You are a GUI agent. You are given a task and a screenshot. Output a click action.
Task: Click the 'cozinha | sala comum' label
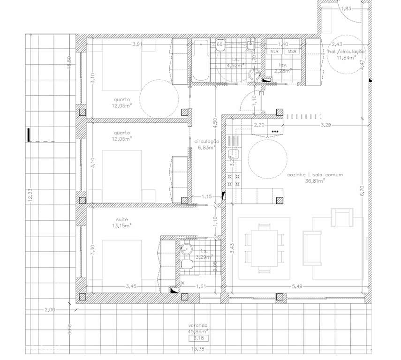click(x=315, y=175)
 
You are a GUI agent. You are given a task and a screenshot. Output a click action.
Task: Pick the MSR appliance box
click(x=292, y=51)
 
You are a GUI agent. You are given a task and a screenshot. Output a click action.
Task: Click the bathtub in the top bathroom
click(x=200, y=61)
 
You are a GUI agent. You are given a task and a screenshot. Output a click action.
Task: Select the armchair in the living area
click(x=341, y=217)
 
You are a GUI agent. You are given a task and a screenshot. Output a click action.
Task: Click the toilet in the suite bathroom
click(x=186, y=266)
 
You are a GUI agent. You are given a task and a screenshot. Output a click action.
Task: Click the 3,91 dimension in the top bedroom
click(x=137, y=45)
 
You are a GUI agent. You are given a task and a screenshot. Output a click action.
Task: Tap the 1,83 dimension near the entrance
click(x=346, y=8)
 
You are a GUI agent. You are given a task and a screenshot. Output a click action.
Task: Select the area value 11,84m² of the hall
click(x=347, y=58)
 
